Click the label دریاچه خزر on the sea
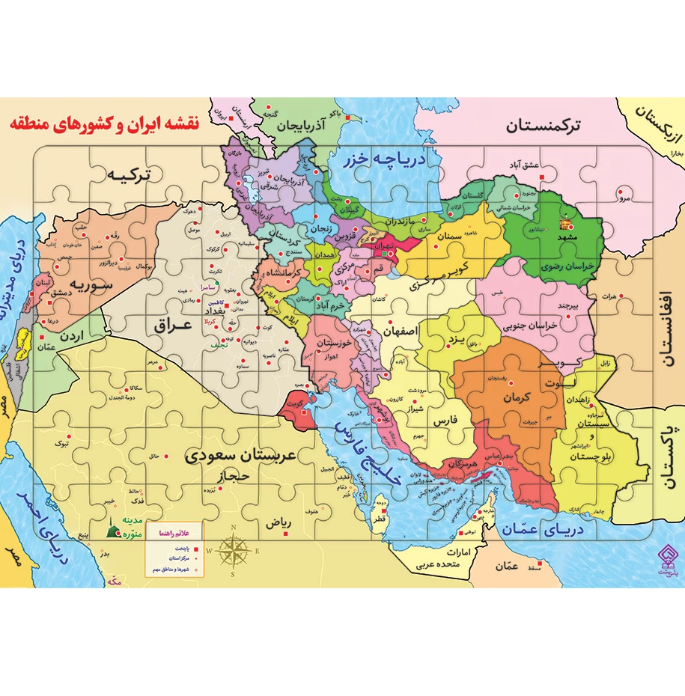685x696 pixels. [384, 159]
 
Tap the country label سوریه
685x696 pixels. [91, 284]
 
